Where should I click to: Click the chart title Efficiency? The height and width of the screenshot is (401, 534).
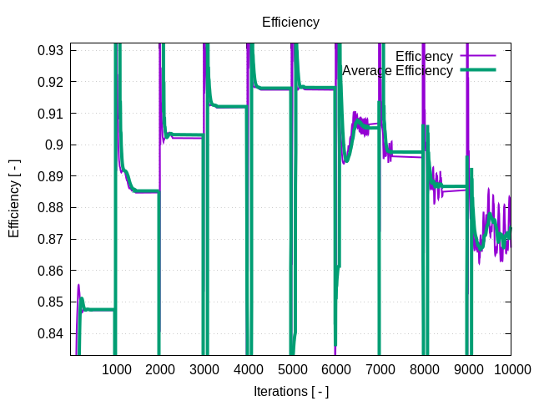(290, 23)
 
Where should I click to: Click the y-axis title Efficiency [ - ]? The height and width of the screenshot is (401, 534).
(14, 199)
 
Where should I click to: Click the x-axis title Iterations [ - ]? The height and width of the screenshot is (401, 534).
(290, 391)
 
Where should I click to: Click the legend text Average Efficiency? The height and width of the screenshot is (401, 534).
(397, 71)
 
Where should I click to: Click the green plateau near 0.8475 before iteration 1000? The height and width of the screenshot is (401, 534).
(100, 310)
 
